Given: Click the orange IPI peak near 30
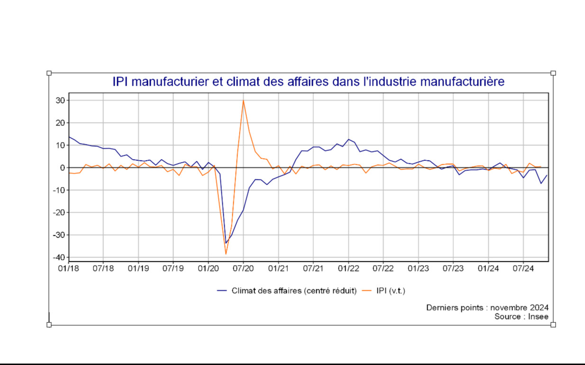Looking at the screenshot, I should [x=243, y=100].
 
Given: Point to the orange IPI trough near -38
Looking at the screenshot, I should [x=226, y=254].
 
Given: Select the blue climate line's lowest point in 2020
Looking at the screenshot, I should [x=226, y=243].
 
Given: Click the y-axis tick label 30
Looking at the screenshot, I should [x=60, y=100].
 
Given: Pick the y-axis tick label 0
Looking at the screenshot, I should [x=62, y=168].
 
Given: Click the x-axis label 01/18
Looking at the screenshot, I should [x=68, y=268].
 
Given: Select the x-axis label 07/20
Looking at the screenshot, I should [x=243, y=268].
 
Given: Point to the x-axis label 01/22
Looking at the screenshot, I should [x=348, y=268].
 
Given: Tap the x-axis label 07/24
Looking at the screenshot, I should [x=523, y=268].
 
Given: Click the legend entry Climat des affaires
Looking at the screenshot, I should [x=294, y=290].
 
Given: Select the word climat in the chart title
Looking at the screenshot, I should [x=240, y=82].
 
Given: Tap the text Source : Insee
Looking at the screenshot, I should [x=521, y=316].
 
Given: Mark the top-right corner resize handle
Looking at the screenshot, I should [x=553, y=73].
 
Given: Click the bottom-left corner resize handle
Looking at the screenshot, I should [x=49, y=325].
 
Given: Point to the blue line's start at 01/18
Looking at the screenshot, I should [x=69, y=137].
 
